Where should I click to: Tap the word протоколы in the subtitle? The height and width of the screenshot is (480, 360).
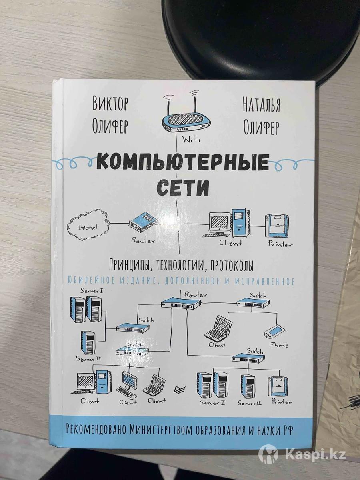[232, 264]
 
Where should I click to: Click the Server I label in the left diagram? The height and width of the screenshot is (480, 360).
[92, 290]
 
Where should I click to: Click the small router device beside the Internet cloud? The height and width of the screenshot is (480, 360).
[143, 221]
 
